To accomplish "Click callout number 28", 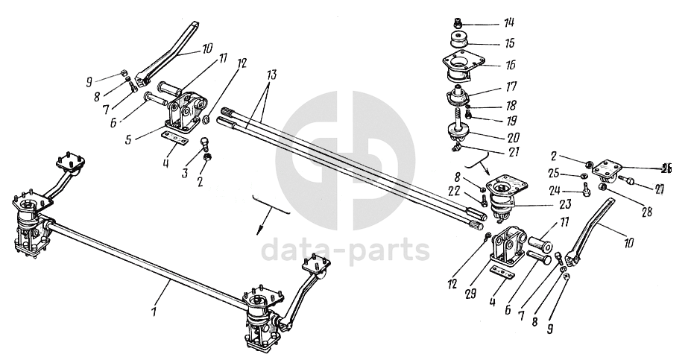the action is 646,212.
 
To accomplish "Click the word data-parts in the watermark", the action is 345,250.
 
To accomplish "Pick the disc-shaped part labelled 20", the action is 457,133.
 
